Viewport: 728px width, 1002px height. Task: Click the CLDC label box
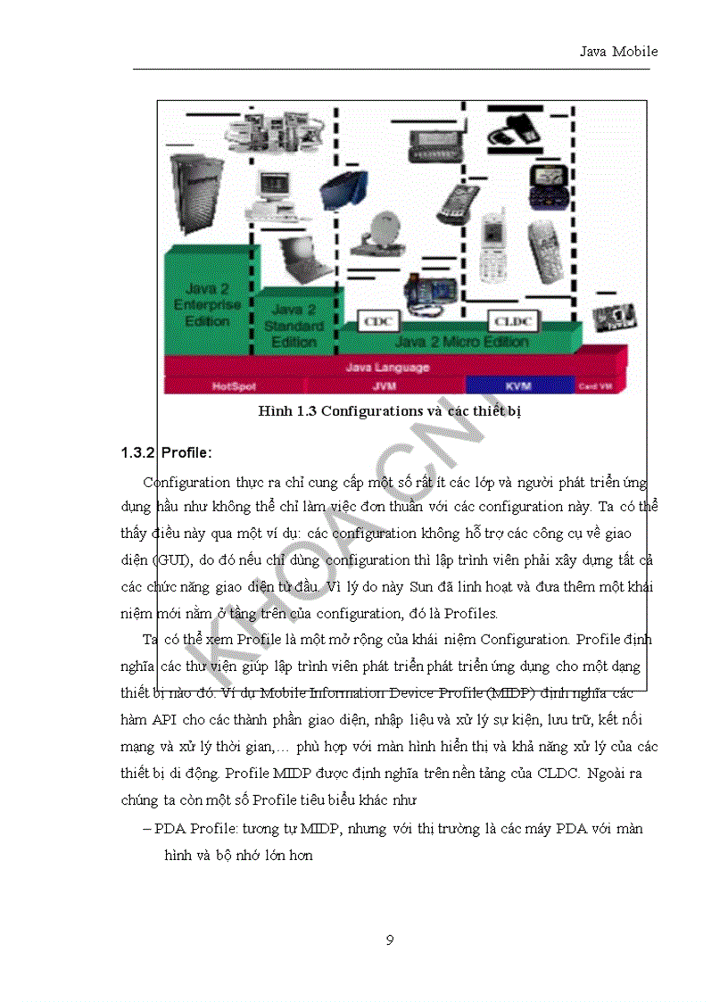point(509,319)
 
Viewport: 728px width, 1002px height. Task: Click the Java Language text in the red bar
point(387,367)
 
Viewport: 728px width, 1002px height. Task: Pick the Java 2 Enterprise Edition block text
point(207,304)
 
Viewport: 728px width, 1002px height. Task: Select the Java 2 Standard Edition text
point(294,326)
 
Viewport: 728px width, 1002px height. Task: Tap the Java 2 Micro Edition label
point(461,342)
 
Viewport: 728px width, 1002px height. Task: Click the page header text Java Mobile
point(618,52)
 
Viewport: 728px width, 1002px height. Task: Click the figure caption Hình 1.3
point(395,411)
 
